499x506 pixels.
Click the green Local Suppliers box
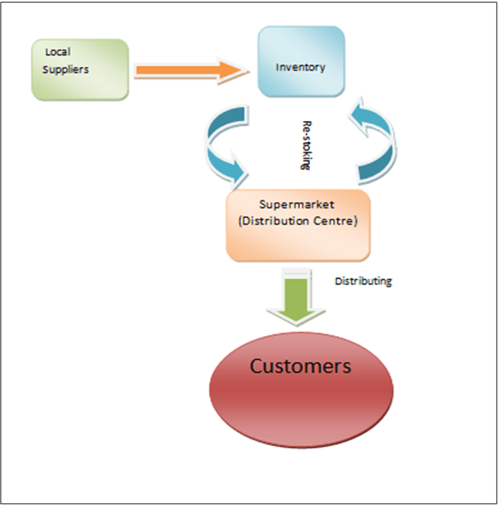(x=80, y=69)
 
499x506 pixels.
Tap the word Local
(x=57, y=52)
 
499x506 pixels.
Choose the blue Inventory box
(x=300, y=62)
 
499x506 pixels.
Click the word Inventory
(x=300, y=68)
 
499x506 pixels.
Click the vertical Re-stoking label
(x=304, y=144)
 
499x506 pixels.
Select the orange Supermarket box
(x=298, y=225)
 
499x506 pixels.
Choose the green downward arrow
(x=296, y=297)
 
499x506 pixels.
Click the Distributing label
(x=363, y=281)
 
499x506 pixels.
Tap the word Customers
(x=300, y=366)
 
